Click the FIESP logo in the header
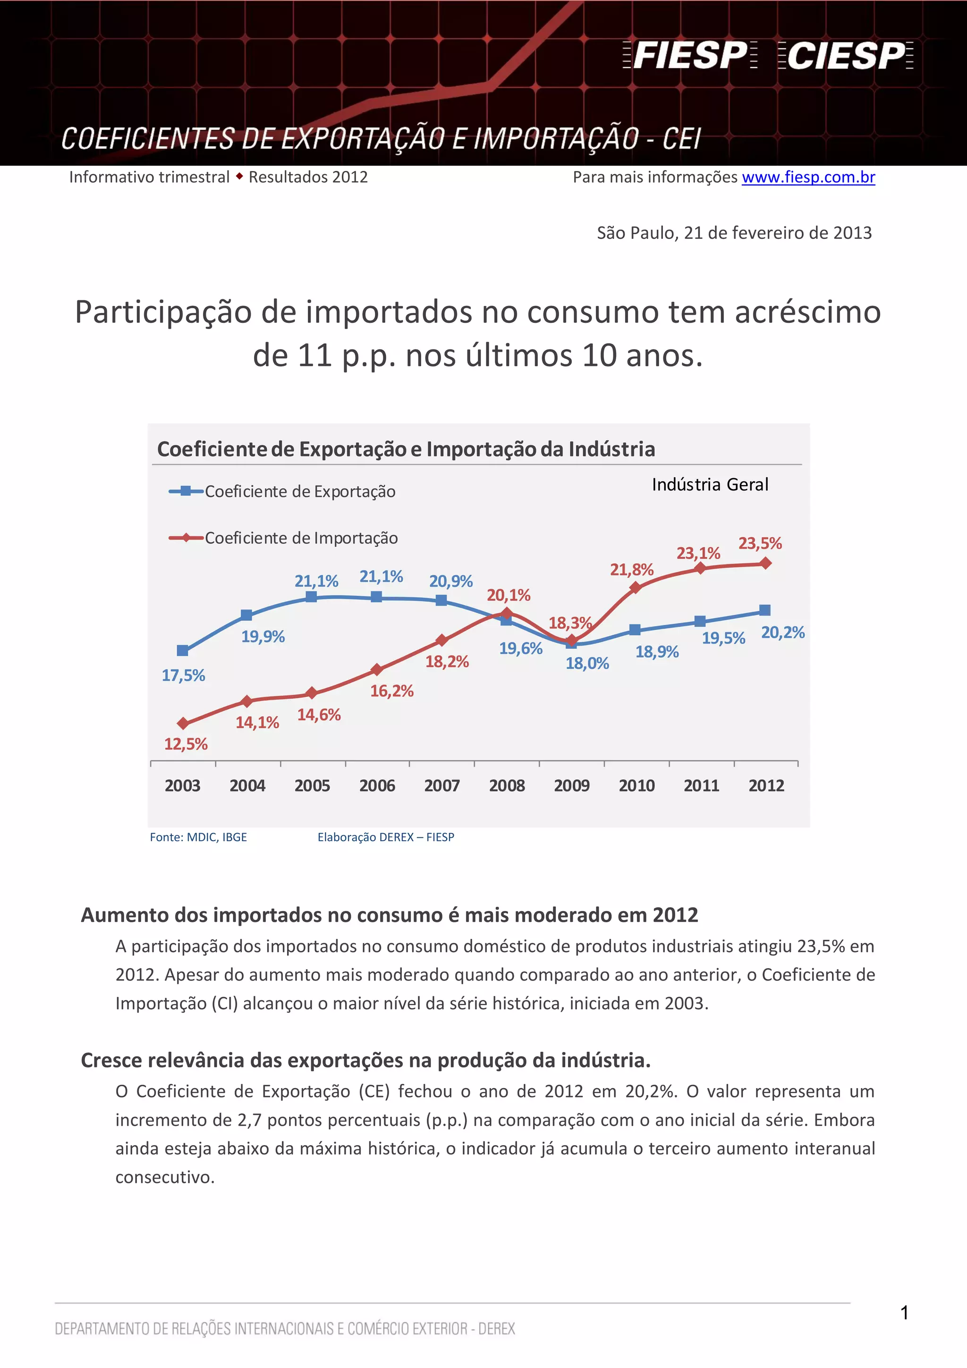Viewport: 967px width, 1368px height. click(x=690, y=55)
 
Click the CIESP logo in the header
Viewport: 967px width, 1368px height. click(x=846, y=55)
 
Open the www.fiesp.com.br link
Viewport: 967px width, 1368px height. click(x=808, y=177)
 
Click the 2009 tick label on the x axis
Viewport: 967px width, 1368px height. click(x=571, y=785)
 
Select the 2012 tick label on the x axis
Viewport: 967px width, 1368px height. click(x=766, y=785)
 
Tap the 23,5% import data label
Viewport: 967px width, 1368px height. click(x=760, y=543)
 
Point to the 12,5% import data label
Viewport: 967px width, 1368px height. click(x=186, y=744)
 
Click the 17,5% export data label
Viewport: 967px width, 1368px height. click(x=184, y=676)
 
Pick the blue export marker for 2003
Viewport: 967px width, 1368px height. click(x=183, y=650)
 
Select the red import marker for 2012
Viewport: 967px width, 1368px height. click(x=765, y=563)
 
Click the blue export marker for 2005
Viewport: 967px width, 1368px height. click(x=311, y=596)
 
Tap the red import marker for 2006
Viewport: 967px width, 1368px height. click(x=376, y=670)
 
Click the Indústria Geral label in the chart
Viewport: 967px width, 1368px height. click(x=710, y=484)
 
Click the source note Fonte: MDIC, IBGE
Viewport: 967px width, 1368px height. click(x=198, y=837)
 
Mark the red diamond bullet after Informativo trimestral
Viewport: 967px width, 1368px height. click(x=239, y=177)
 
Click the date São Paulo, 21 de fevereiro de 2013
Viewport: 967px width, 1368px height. click(x=734, y=233)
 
